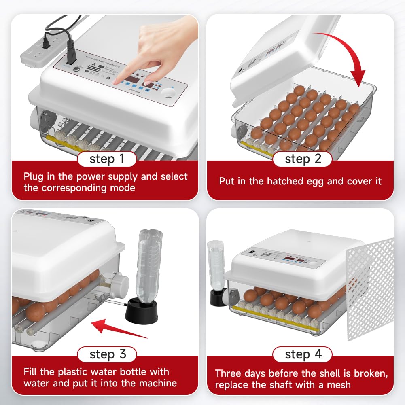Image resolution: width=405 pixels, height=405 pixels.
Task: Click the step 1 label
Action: [107, 159]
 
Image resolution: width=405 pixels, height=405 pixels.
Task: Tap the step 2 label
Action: [303, 159]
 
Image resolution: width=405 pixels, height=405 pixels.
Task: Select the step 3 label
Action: [107, 355]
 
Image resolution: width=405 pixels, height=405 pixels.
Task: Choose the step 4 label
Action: [303, 355]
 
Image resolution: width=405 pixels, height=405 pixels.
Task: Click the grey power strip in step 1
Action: [38, 53]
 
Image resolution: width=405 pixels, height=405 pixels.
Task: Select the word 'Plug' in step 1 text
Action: [34, 176]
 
